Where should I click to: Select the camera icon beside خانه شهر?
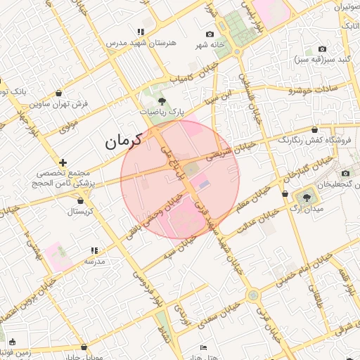pyautogui.click(x=210, y=34)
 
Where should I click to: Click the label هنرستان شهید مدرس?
pyautogui.click(x=141, y=43)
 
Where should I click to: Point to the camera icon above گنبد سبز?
pyautogui.click(x=322, y=49)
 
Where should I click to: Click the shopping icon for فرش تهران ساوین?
pyautogui.click(x=58, y=93)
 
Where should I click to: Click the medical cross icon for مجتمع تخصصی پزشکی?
pyautogui.click(x=63, y=162)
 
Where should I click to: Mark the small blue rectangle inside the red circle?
pyautogui.click(x=204, y=184)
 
